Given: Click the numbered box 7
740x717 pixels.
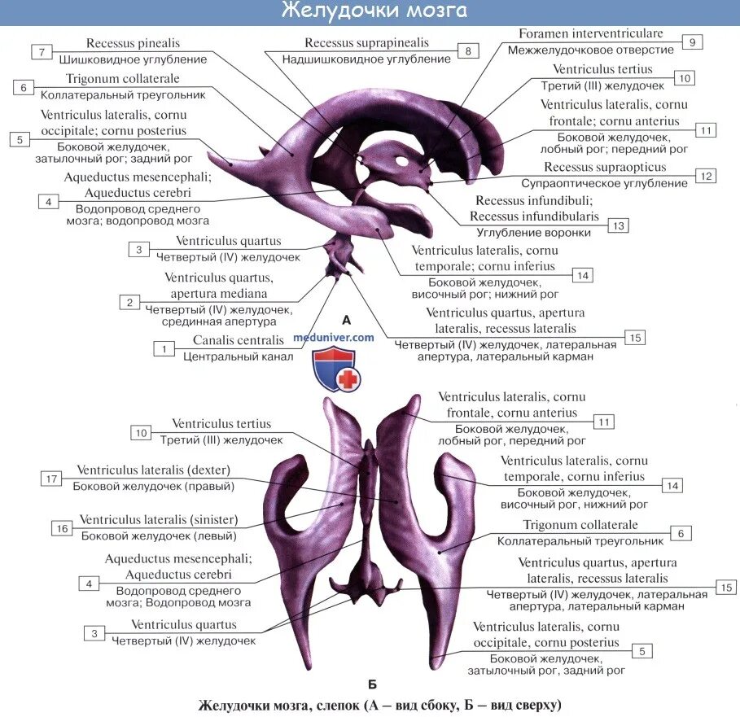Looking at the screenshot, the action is point(42,52).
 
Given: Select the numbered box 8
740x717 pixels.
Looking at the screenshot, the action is point(467,51).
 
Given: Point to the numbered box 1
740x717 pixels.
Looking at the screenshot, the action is point(164,348).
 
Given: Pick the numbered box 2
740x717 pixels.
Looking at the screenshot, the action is point(129,302).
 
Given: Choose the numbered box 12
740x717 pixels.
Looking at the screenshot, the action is point(706,175).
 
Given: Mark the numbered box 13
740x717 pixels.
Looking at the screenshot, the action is point(619,225).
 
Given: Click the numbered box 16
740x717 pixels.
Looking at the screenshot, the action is point(61,528).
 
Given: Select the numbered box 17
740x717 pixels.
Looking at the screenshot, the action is point(51,479).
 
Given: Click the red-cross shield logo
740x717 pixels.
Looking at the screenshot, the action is point(335,370).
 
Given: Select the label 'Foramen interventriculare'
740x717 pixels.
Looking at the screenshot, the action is point(590,34).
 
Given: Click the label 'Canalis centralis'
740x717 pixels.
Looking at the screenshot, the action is point(239,340).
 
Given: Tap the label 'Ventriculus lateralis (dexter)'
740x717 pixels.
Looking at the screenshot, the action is point(154,470).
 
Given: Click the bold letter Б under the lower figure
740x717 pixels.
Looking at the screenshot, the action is point(372,684).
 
